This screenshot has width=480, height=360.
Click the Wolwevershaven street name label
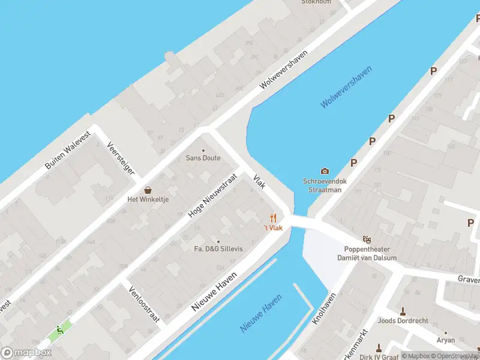(x=283, y=70)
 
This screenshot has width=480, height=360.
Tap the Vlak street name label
(x=259, y=182)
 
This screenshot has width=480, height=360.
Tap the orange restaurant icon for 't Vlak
(x=273, y=218)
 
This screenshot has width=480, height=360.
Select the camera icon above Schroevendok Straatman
(x=325, y=171)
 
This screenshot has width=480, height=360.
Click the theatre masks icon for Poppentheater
(x=367, y=239)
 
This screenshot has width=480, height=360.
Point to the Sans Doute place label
(x=203, y=158)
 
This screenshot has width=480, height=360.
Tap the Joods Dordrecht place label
(x=403, y=320)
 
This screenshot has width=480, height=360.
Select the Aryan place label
(x=445, y=340)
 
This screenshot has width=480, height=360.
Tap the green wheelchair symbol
(x=59, y=329)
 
